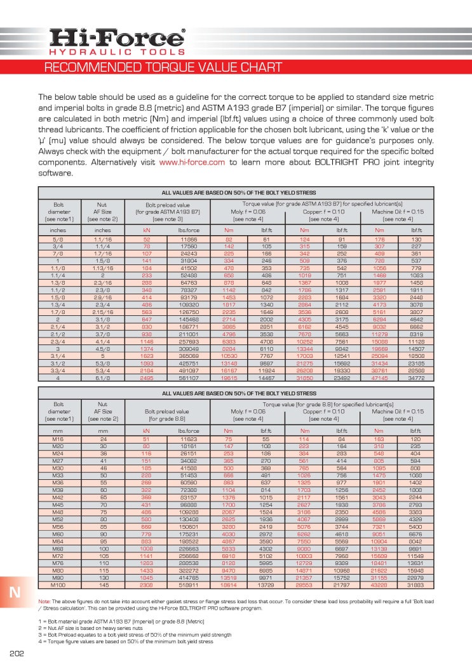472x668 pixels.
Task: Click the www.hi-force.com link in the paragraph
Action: point(192,162)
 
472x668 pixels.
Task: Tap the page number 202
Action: point(17,654)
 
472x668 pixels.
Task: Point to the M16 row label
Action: point(58,440)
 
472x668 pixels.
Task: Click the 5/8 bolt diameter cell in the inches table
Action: point(58,239)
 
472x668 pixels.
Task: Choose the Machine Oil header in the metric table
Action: point(397,411)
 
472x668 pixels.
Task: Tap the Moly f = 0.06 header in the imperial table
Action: point(248,211)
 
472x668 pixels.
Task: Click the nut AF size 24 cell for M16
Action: point(102,440)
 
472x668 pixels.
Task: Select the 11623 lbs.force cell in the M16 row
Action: point(189,440)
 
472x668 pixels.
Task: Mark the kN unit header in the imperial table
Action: point(146,229)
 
